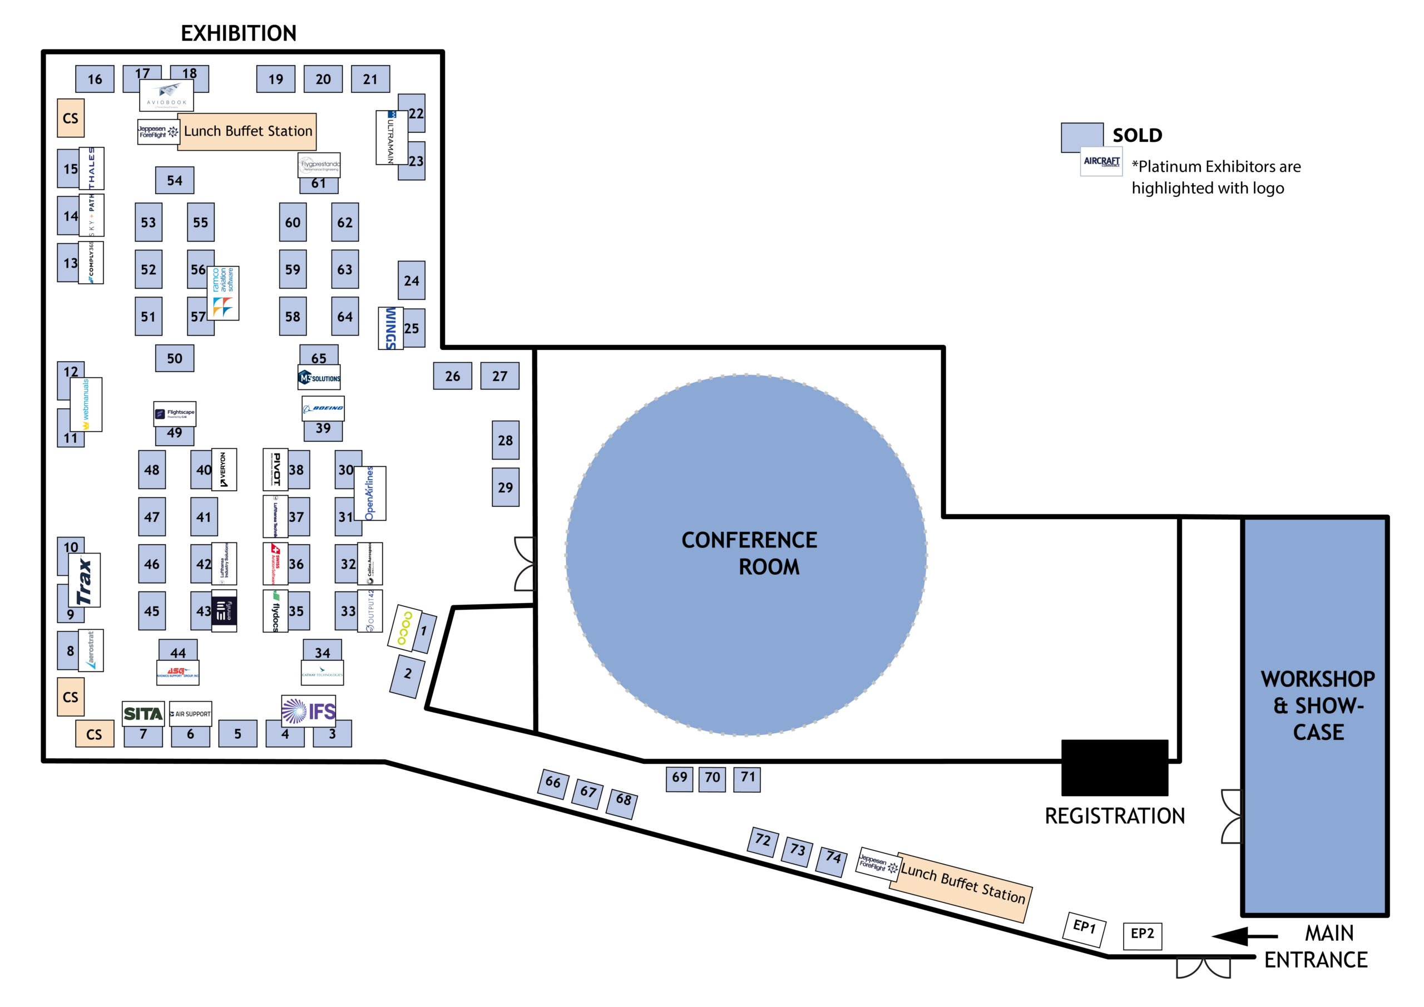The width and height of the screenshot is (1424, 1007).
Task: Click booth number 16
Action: (95, 79)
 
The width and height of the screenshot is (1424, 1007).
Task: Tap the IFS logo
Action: (308, 711)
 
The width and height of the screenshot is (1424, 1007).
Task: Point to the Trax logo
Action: (85, 581)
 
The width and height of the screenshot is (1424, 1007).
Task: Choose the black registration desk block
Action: (1115, 768)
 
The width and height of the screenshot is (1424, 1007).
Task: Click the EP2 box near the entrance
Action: (1143, 935)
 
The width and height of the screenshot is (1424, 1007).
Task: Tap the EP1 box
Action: (1085, 928)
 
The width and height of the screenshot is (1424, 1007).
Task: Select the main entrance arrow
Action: (1244, 936)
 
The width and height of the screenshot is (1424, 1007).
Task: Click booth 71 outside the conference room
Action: (748, 778)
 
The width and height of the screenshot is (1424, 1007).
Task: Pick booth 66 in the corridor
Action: (552, 784)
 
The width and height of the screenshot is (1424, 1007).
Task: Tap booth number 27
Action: (500, 376)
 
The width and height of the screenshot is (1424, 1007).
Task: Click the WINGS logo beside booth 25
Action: (390, 328)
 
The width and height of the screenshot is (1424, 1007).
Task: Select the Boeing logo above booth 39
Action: (323, 409)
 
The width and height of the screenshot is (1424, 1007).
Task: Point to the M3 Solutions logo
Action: (319, 378)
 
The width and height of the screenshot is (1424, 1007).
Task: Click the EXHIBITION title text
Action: (238, 33)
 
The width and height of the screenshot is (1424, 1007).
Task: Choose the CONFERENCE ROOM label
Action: (749, 553)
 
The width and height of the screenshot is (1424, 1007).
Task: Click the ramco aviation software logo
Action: (222, 293)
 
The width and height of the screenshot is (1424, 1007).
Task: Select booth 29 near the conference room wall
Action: (506, 488)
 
